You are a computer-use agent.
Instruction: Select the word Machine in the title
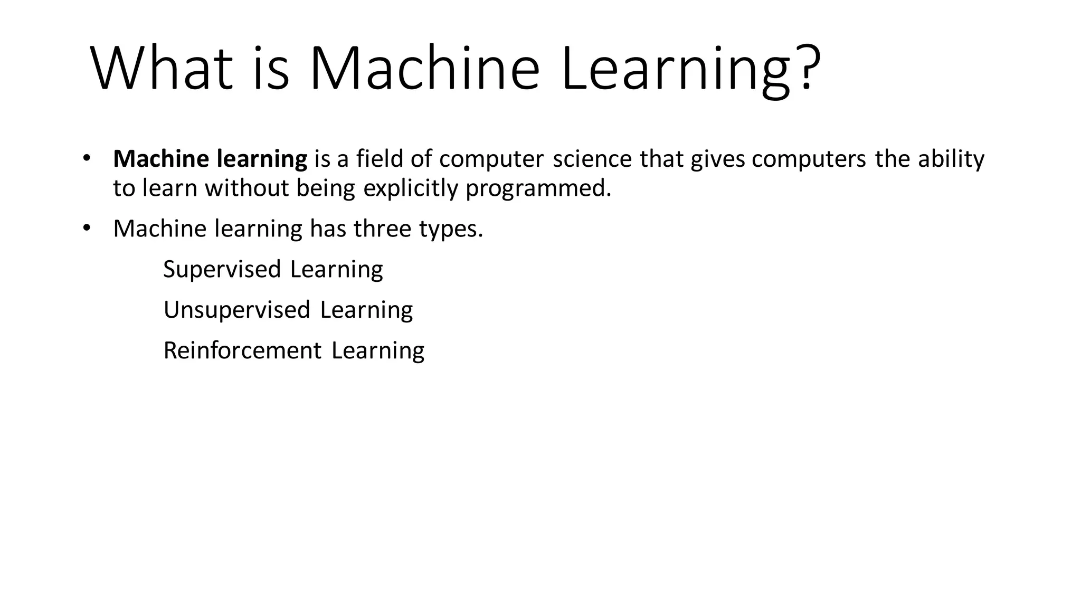coord(424,69)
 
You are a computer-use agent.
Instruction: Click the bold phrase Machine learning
coord(210,159)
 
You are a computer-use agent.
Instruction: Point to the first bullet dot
coord(87,158)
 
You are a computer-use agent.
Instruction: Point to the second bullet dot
coord(87,227)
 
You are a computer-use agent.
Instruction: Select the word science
coord(592,159)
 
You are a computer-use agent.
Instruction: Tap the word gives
coord(718,159)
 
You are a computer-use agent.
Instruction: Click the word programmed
coord(538,188)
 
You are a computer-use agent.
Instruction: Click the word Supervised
coord(222,269)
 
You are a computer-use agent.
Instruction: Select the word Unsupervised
coord(236,310)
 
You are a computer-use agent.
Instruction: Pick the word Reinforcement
coord(242,350)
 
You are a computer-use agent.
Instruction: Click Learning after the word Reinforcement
coord(378,350)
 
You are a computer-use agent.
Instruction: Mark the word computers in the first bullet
coord(809,159)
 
